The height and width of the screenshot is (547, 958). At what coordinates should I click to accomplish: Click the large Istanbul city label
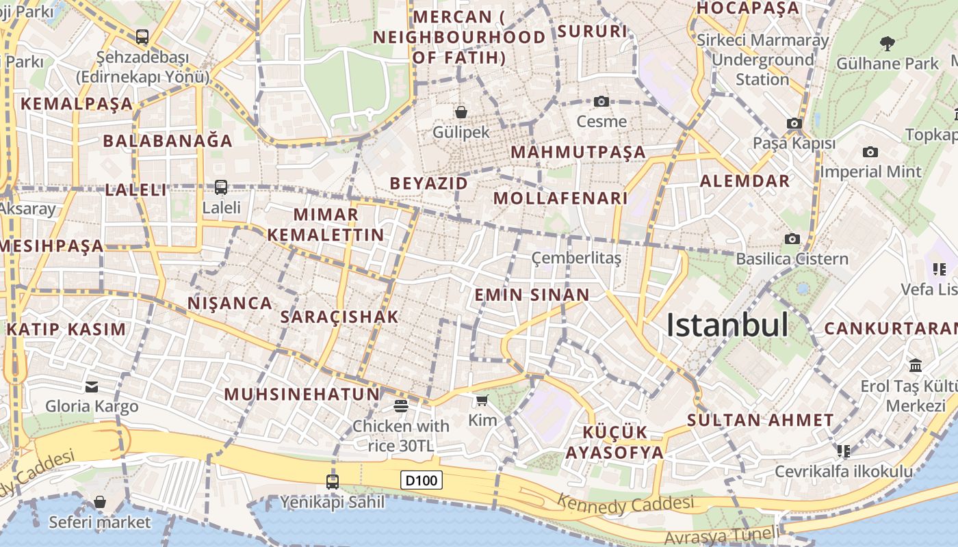click(x=727, y=325)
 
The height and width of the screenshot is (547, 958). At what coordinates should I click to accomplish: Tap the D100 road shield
click(x=421, y=480)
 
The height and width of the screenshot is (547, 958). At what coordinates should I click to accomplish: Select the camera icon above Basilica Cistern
click(x=792, y=239)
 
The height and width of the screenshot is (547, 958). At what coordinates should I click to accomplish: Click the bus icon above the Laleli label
click(x=221, y=187)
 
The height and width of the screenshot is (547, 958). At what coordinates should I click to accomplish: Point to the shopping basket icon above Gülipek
click(x=461, y=111)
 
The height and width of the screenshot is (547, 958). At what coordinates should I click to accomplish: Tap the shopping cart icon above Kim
click(x=482, y=400)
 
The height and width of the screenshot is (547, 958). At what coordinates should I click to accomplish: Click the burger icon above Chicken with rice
click(x=401, y=406)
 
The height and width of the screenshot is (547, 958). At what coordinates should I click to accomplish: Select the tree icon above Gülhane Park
click(x=888, y=44)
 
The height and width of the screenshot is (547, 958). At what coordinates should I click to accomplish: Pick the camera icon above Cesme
click(x=601, y=101)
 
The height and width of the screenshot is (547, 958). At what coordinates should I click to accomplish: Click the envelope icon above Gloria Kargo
click(x=92, y=387)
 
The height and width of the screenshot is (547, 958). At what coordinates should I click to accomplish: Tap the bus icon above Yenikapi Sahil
click(x=333, y=482)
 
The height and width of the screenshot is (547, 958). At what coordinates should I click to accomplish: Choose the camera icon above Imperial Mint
click(x=870, y=152)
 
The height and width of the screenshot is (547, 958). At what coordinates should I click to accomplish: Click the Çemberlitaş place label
click(x=577, y=258)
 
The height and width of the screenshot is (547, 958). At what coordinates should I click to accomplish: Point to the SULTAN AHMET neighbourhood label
click(x=760, y=420)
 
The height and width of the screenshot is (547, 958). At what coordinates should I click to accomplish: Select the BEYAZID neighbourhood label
click(x=429, y=183)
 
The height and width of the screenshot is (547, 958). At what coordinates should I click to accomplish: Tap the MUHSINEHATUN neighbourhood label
click(x=302, y=394)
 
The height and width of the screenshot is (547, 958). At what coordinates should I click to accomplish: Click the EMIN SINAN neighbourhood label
click(x=532, y=295)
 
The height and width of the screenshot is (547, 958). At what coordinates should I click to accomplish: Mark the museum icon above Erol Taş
click(x=916, y=365)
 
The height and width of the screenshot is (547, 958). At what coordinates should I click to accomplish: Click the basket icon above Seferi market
click(x=100, y=503)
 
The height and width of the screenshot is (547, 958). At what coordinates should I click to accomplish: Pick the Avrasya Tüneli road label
click(x=722, y=535)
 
